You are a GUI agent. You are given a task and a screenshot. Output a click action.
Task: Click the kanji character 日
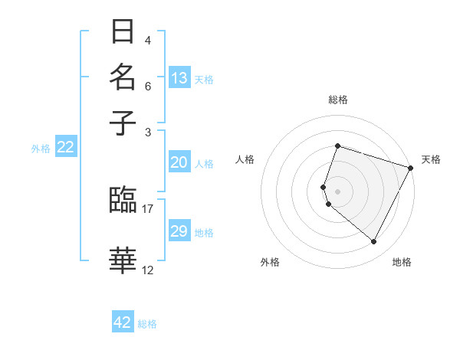point(123,32)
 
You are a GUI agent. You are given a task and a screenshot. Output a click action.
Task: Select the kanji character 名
point(123,78)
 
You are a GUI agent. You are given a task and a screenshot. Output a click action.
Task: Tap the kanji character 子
point(123,123)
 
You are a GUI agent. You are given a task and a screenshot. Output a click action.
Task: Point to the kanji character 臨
point(123,200)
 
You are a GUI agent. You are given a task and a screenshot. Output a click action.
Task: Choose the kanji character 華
point(123,260)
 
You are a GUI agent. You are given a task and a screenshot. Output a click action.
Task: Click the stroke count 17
point(148,208)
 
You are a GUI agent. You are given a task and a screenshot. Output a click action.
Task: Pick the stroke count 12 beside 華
point(148,270)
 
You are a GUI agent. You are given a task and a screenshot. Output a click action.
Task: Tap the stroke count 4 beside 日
point(147,41)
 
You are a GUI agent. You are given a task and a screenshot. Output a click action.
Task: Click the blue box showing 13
point(179,77)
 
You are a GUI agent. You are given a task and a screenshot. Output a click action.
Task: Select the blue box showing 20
point(179,162)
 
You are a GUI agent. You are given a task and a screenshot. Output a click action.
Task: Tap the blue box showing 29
point(179,231)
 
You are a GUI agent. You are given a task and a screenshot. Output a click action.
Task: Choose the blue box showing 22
point(65,148)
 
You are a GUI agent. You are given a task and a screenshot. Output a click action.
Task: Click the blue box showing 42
point(123,322)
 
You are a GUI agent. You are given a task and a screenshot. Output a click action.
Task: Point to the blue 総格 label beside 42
point(147,324)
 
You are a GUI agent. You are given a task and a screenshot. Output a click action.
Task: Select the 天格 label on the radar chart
point(431,159)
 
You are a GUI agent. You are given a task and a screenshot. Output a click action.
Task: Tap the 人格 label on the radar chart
point(245,159)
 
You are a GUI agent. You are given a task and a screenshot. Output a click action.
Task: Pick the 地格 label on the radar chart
point(402,262)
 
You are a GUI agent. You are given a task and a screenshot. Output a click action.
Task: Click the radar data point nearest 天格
point(410,168)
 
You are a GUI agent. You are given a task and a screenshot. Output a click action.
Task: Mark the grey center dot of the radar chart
point(337,191)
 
